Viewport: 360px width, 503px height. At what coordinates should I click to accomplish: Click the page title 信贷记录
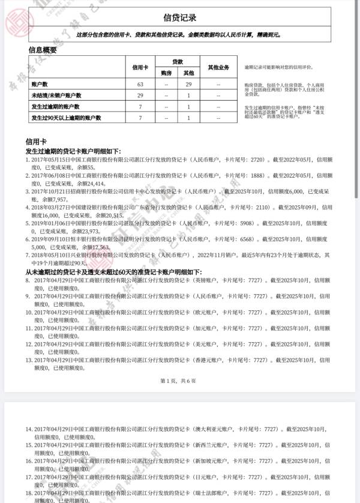pyautogui.click(x=180, y=18)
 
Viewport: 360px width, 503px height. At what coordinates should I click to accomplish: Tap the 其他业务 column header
pyautogui.click(x=218, y=67)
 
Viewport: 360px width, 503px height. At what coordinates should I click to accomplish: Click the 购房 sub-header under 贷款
pyautogui.click(x=166, y=73)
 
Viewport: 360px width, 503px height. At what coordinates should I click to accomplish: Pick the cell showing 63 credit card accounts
pyautogui.click(x=140, y=85)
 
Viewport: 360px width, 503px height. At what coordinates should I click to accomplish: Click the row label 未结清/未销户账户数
pyautogui.click(x=56, y=95)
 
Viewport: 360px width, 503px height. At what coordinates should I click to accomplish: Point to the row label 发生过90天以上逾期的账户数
pyautogui.click(x=66, y=118)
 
